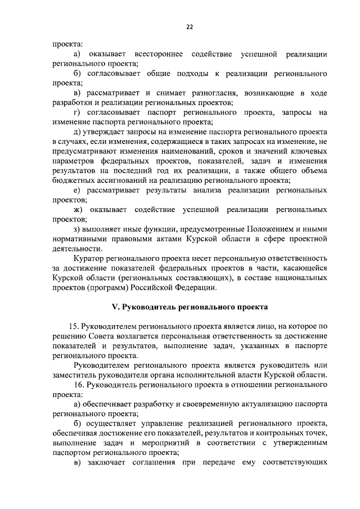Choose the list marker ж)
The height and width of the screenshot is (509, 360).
click(x=78, y=210)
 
